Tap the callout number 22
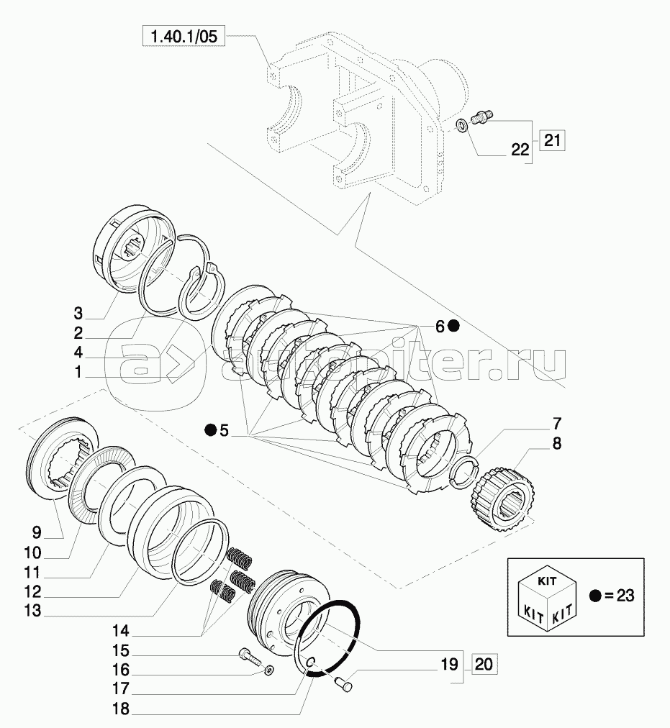pos(520,149)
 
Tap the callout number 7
pos(557,423)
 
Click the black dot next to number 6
pos(453,326)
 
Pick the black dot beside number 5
pos(209,430)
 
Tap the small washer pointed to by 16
pos(268,671)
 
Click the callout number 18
pos(120,709)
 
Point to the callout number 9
pos(37,532)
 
